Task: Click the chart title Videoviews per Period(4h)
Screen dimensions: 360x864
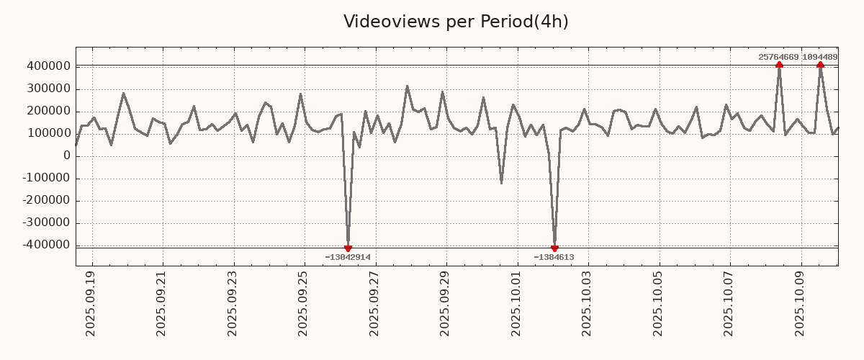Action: point(456,22)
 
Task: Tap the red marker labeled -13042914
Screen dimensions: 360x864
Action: point(348,248)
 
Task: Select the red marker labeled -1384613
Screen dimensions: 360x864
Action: point(554,248)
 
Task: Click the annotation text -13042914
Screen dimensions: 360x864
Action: point(348,257)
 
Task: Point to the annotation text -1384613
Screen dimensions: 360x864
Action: point(554,257)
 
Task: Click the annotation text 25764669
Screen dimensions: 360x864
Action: point(778,57)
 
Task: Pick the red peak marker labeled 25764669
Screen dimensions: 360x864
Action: point(779,66)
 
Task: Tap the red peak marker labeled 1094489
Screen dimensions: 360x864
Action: point(820,66)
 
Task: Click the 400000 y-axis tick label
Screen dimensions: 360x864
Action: point(48,67)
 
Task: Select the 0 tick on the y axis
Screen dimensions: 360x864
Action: point(67,156)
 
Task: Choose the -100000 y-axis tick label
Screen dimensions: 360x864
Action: point(45,179)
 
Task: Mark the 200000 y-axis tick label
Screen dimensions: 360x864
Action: point(48,112)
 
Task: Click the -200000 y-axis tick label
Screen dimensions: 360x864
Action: point(45,201)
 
